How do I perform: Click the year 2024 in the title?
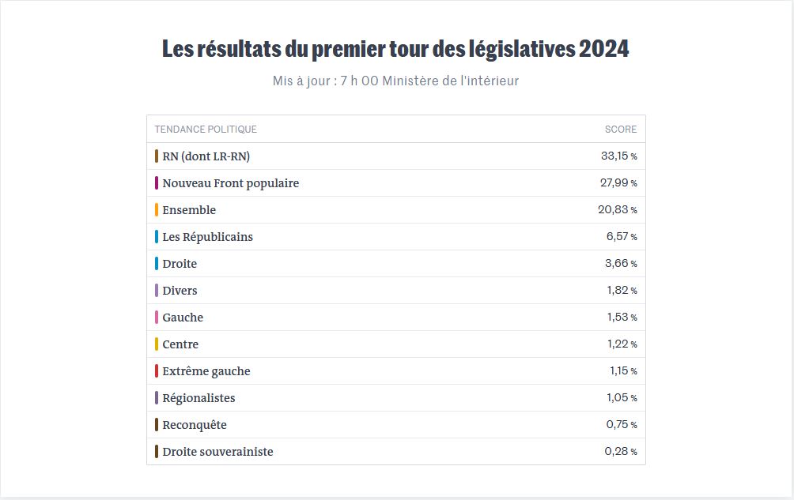(x=603, y=49)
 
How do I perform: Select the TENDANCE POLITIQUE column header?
(x=206, y=130)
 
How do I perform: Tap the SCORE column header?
(x=621, y=130)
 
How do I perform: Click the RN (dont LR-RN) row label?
(x=206, y=156)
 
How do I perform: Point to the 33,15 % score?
(x=618, y=156)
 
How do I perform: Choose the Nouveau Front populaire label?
(x=230, y=183)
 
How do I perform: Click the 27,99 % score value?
(x=618, y=183)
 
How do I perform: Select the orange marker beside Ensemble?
(x=157, y=210)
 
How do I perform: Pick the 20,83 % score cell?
(x=618, y=210)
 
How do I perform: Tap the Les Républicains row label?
(x=207, y=237)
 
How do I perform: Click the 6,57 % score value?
(x=622, y=237)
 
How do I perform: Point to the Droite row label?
(x=180, y=264)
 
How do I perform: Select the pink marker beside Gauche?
(x=157, y=318)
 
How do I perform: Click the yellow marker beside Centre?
(x=157, y=344)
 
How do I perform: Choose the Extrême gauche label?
(x=206, y=371)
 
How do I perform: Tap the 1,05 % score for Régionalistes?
(x=622, y=398)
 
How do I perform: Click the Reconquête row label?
(x=195, y=425)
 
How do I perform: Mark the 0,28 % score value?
(x=621, y=452)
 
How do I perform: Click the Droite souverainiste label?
(x=217, y=452)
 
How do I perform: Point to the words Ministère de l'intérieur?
(x=451, y=81)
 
